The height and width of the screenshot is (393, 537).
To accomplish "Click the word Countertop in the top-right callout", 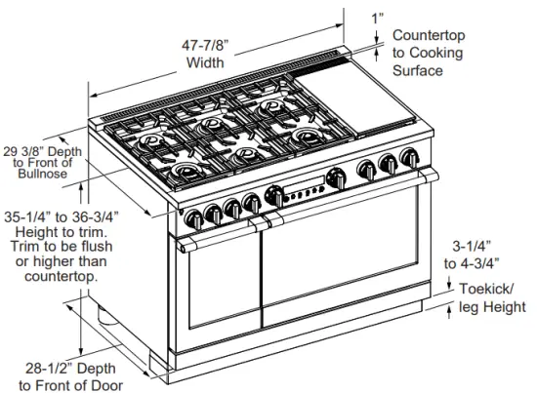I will coord(429,36).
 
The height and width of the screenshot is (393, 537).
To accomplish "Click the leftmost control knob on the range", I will coord(192,216).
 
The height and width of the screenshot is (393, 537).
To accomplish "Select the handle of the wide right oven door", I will coord(342,200).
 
